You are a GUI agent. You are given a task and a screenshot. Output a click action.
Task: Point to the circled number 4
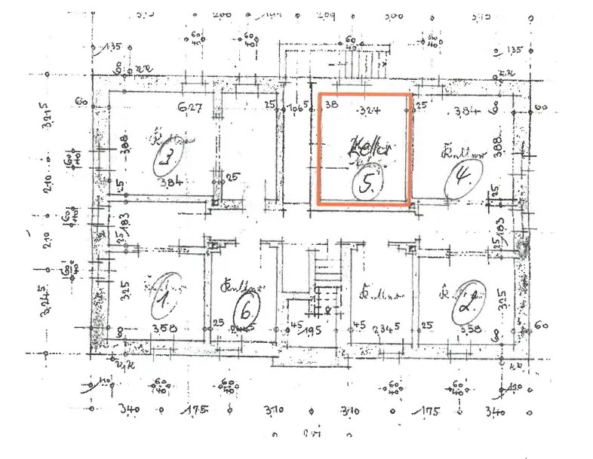pyautogui.click(x=459, y=179)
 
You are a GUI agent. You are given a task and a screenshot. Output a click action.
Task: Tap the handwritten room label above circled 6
pyautogui.click(x=235, y=286)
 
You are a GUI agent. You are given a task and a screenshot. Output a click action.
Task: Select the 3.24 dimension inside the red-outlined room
pyautogui.click(x=369, y=110)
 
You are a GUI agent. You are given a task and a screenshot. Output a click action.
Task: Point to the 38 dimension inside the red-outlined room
pyautogui.click(x=330, y=106)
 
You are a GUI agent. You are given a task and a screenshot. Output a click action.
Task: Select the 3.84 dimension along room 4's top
pyautogui.click(x=469, y=112)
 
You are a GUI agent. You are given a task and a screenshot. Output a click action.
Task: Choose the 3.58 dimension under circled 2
pyautogui.click(x=469, y=329)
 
